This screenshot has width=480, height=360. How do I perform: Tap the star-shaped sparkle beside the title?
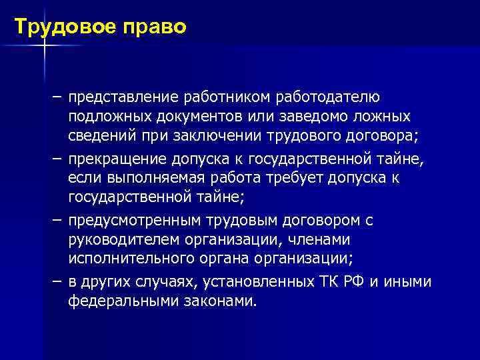pyautogui.click(x=44, y=45)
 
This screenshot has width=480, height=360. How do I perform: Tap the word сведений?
pyautogui.click(x=99, y=137)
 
